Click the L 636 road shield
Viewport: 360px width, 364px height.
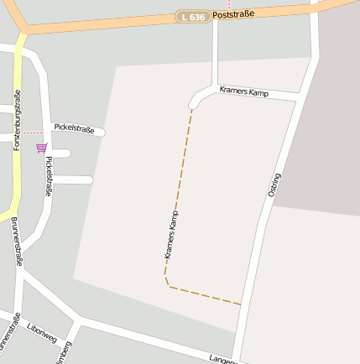(x=193, y=17)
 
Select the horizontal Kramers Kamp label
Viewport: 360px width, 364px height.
(x=243, y=91)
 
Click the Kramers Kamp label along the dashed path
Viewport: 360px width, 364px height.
(x=172, y=234)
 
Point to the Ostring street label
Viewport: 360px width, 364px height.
(x=274, y=185)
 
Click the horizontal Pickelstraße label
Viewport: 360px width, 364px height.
(x=74, y=128)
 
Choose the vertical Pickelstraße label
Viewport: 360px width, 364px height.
(x=48, y=176)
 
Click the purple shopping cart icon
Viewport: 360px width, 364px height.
(x=41, y=148)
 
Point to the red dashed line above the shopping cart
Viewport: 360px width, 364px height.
(x=32, y=133)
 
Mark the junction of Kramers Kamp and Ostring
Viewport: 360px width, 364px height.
(x=298, y=101)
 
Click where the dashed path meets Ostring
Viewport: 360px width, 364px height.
(x=242, y=304)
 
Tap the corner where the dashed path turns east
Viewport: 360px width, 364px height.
(x=167, y=284)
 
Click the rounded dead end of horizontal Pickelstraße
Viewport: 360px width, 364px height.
(x=102, y=132)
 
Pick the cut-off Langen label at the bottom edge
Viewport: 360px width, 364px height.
(x=222, y=359)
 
